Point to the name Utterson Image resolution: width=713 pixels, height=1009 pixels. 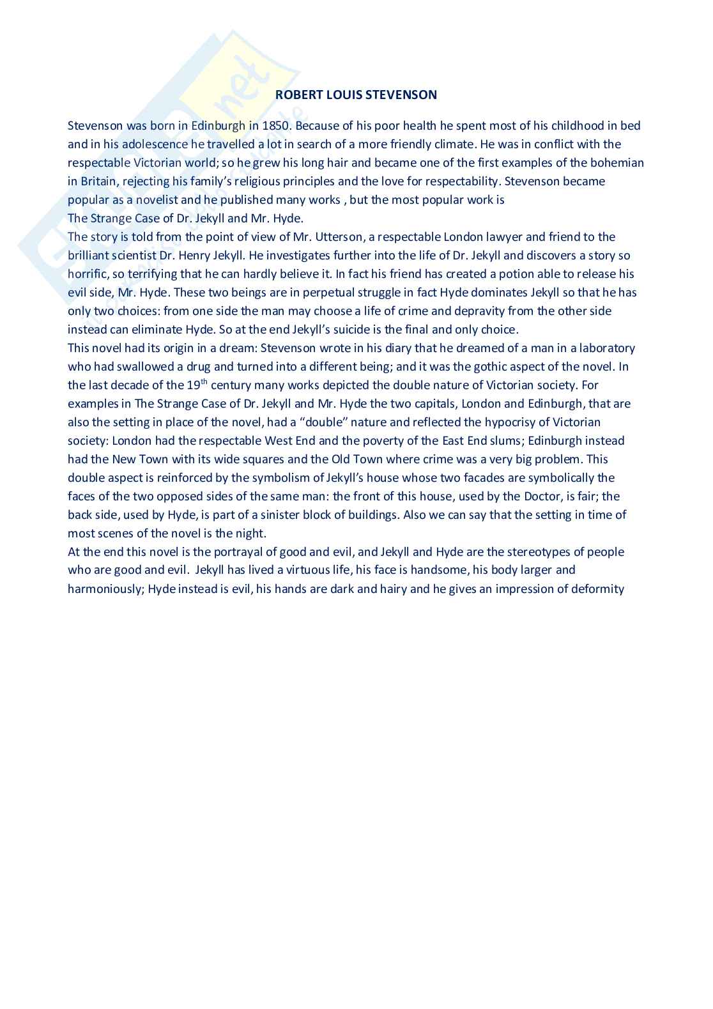click(x=339, y=237)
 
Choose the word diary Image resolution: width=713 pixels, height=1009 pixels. click(x=397, y=348)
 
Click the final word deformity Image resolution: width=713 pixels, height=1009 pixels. click(x=596, y=589)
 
